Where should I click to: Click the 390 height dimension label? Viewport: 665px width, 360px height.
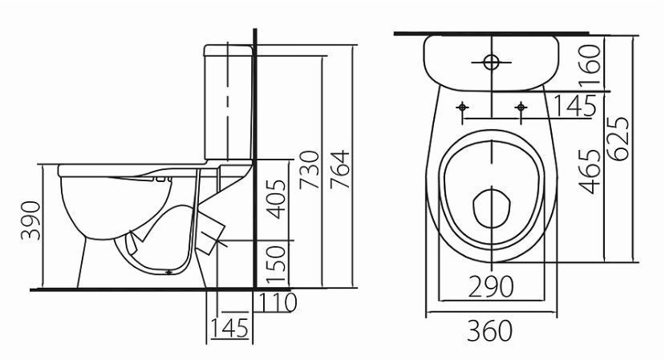[x=31, y=220]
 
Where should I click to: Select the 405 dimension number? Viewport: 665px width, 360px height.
[x=278, y=199]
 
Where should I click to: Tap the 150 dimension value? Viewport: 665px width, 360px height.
[x=276, y=264]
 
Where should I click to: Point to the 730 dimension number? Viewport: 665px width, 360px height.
[x=309, y=170]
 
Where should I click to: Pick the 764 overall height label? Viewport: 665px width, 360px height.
[x=339, y=170]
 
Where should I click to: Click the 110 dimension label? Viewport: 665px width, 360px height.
[x=278, y=302]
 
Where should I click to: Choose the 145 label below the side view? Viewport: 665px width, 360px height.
[x=229, y=327]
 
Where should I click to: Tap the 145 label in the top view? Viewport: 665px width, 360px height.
[x=575, y=106]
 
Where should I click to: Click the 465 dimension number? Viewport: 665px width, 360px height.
[x=590, y=172]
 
